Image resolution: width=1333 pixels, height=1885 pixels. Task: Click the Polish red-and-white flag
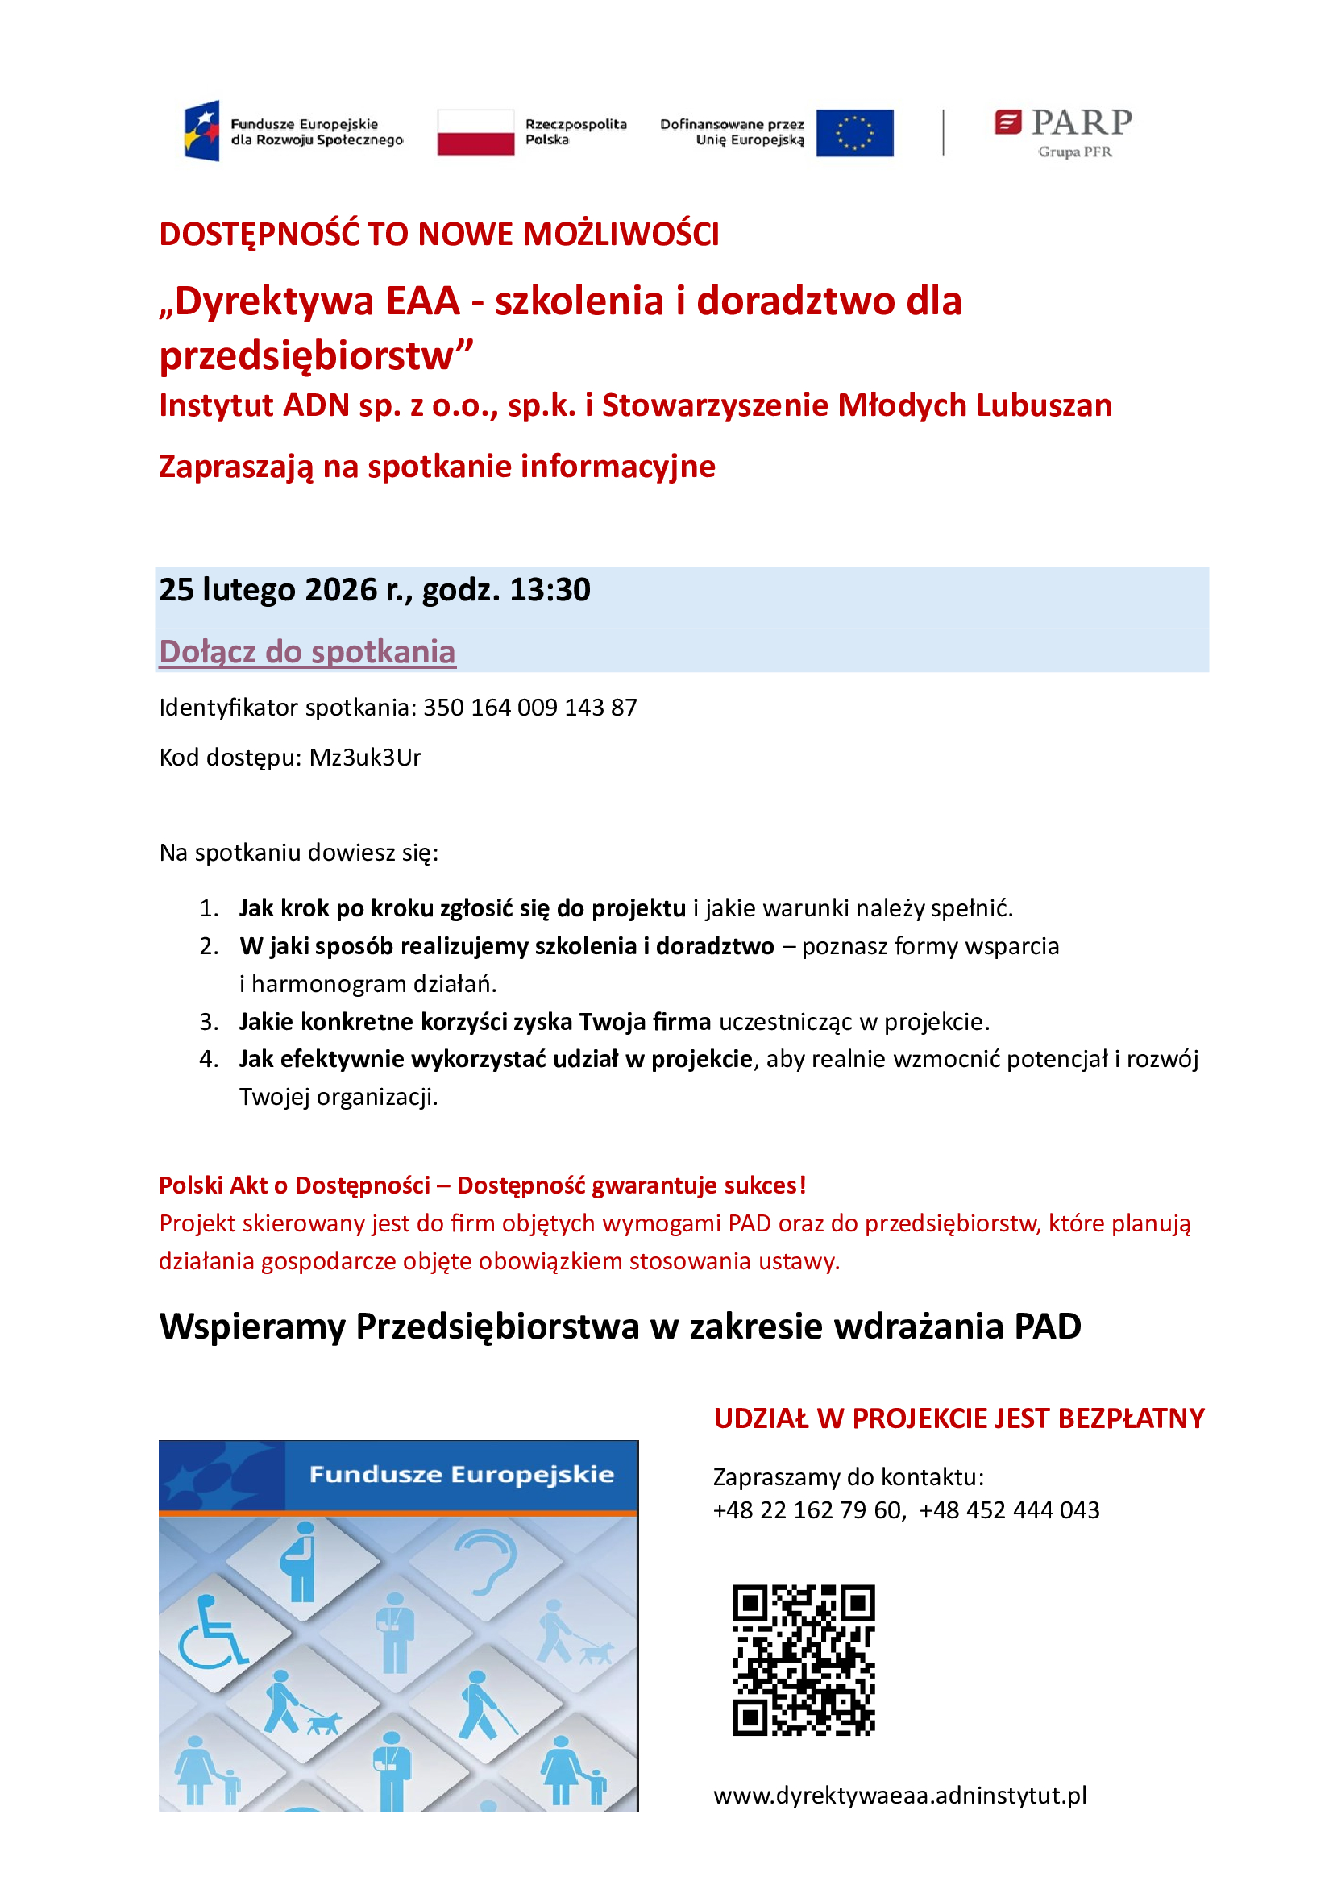point(475,132)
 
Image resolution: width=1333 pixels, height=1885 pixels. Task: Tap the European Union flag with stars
point(854,132)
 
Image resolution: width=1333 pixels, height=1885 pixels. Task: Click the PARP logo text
point(1081,122)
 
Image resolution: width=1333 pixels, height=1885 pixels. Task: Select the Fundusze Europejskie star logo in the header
point(202,131)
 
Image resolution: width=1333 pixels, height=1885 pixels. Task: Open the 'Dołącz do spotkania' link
point(307,651)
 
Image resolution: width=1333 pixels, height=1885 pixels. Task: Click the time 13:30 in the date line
point(549,589)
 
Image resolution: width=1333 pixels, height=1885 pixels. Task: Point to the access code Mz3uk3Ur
point(364,757)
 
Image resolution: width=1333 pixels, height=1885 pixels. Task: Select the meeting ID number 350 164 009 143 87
point(529,707)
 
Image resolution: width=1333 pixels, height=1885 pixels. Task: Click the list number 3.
point(209,1021)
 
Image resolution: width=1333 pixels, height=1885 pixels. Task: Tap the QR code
point(804,1660)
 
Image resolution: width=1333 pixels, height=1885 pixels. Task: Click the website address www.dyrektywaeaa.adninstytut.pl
point(899,1795)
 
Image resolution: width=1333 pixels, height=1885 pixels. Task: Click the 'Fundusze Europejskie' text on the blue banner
point(461,1475)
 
